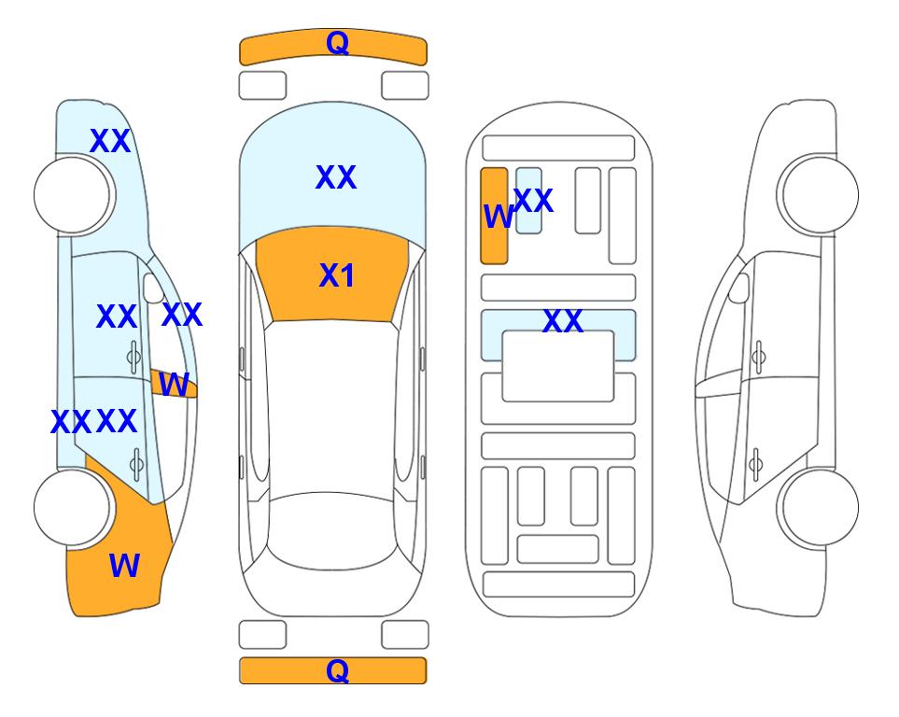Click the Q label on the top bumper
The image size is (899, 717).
(x=337, y=43)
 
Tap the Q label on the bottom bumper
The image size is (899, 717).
(x=337, y=670)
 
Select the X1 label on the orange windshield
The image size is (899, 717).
(x=337, y=275)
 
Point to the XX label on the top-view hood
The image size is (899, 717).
(x=336, y=177)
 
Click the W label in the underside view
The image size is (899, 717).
(x=499, y=217)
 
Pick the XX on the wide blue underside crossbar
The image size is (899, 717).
(x=563, y=321)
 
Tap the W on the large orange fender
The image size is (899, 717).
(x=124, y=566)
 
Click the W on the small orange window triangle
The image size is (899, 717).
(x=174, y=385)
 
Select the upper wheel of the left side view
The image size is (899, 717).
(x=72, y=195)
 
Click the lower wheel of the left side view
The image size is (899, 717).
(x=72, y=508)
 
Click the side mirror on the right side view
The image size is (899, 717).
(x=739, y=288)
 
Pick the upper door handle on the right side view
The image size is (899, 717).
(x=759, y=357)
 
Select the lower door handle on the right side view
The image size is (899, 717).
(x=755, y=464)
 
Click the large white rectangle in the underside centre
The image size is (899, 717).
(x=558, y=366)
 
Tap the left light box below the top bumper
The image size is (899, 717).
(x=262, y=86)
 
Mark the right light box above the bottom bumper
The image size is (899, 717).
(x=405, y=635)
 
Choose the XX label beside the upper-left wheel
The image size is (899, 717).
(x=110, y=141)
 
